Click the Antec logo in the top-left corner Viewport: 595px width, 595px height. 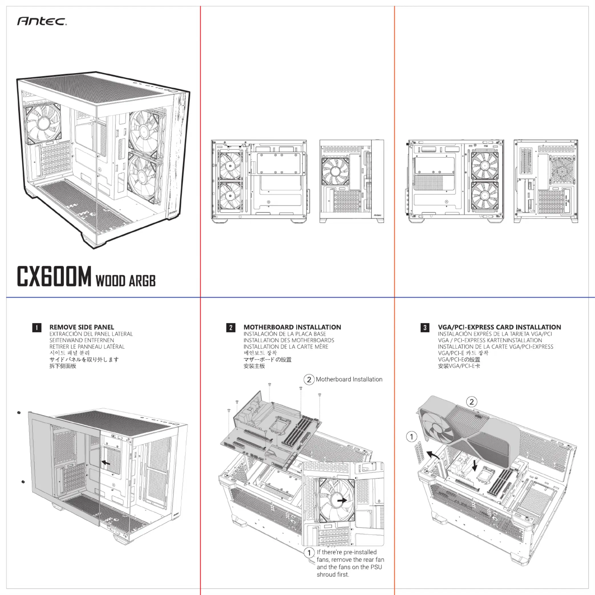coord(42,21)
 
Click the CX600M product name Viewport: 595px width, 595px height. coord(54,277)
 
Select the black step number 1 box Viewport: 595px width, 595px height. coord(37,327)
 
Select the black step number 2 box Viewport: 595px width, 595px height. coord(231,327)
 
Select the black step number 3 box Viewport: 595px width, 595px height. coord(425,327)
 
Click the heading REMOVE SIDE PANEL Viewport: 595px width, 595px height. coord(82,327)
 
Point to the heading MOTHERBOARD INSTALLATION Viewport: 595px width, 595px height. coord(292,327)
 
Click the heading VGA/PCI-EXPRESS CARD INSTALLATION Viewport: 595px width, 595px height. coord(499,327)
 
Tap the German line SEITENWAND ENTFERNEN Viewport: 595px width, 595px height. coord(82,340)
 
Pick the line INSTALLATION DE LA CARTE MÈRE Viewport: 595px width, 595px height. coord(286,347)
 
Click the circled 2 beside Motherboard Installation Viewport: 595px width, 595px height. coord(309,379)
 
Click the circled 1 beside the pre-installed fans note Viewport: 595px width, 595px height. coord(309,552)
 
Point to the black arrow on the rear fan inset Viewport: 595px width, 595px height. coord(341,501)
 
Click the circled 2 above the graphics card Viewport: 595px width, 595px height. coord(471,402)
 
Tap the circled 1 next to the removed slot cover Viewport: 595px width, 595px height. coord(411,436)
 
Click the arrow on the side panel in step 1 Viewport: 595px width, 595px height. coord(106,463)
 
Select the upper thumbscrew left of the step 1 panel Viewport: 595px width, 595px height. coord(19,412)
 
